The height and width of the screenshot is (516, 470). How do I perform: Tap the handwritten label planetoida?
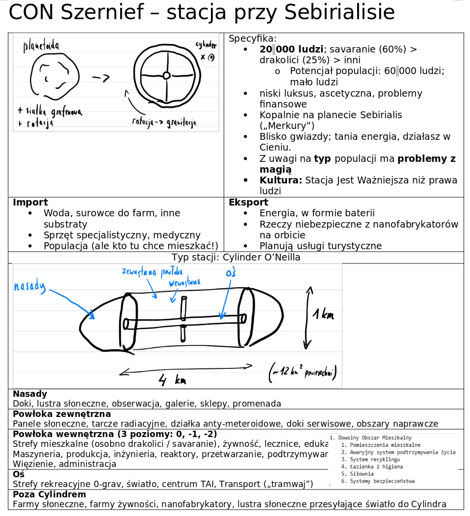coord(42,47)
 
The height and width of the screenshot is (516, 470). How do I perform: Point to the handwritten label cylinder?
coord(206,45)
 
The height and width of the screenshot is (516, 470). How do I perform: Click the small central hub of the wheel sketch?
coord(166,75)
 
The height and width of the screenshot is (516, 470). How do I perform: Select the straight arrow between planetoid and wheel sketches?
coord(101,77)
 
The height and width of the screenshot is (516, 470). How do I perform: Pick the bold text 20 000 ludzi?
coord(291,50)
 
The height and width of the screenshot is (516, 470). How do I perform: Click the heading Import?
coord(30,203)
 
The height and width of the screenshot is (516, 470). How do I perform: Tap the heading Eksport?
coord(248,203)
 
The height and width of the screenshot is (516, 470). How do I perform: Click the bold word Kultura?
coord(281,180)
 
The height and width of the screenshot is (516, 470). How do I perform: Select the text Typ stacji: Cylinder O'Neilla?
coord(235,258)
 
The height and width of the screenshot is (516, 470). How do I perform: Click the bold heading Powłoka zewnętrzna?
coord(62,414)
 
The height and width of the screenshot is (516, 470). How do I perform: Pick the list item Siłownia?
coord(360,474)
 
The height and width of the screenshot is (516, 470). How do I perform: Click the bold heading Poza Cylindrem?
coord(49,494)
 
